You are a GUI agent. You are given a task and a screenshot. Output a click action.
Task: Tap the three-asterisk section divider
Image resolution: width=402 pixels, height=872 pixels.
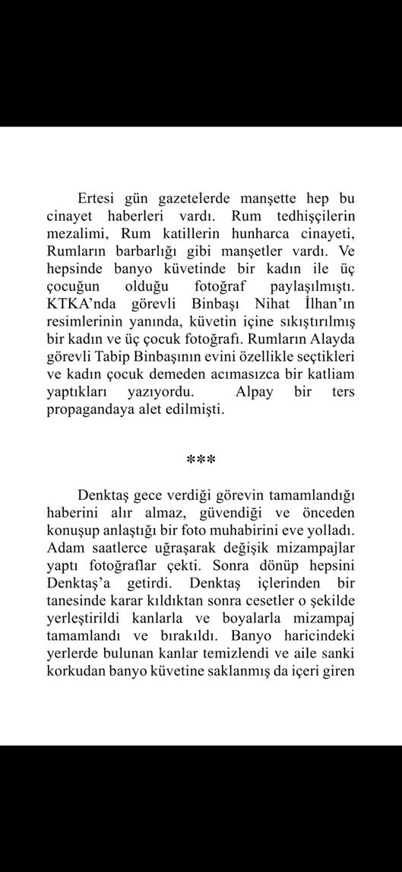(x=201, y=460)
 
